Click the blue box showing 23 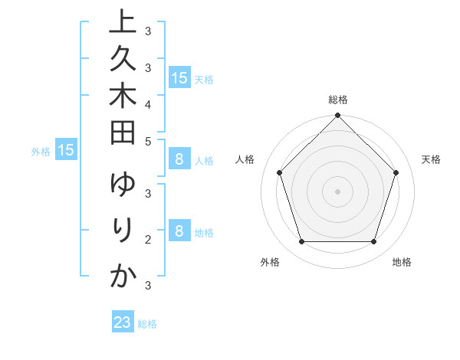(123, 322)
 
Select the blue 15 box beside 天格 (179, 77)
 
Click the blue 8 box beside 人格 (179, 159)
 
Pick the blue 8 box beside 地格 (179, 231)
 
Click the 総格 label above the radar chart (338, 100)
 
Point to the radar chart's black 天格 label (432, 159)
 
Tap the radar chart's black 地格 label (402, 262)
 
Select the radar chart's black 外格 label (270, 262)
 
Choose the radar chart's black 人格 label (245, 159)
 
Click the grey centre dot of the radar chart (337, 191)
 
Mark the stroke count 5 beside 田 (148, 141)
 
